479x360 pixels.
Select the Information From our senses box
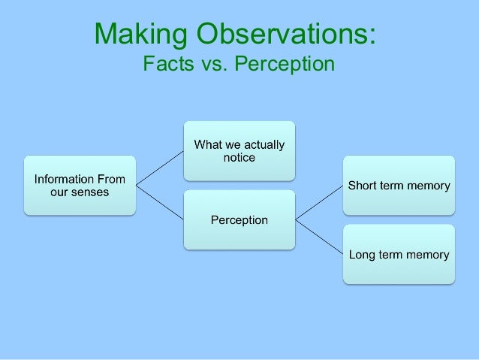(x=79, y=186)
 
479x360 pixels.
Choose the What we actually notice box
(x=239, y=150)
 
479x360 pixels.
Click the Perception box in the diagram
(x=239, y=219)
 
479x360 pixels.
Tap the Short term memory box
(x=399, y=186)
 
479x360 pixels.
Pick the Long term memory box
(x=399, y=254)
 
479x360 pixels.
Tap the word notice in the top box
(x=239, y=157)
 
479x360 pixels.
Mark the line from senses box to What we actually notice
(x=159, y=168)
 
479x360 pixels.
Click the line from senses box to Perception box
(x=159, y=202)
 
